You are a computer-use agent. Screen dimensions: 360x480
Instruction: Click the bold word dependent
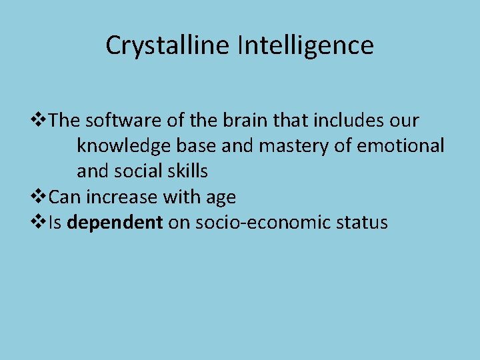(x=115, y=222)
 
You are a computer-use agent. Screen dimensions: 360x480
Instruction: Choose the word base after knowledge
(x=195, y=146)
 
